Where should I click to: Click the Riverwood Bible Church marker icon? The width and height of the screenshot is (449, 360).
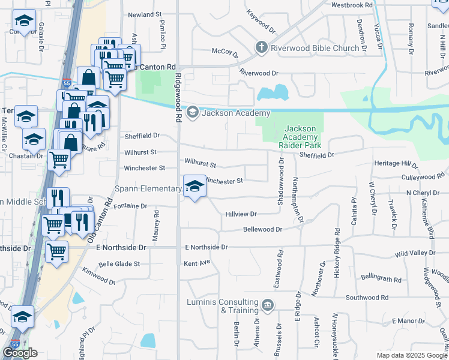261,48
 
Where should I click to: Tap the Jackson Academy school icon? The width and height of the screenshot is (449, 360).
193,112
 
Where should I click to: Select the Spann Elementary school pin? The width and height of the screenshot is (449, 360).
194,188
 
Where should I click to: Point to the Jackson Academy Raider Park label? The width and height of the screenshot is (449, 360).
300,137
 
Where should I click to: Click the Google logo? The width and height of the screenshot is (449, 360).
20,353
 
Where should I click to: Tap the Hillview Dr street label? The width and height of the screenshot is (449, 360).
241,214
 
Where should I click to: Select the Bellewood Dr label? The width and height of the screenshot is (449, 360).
262,229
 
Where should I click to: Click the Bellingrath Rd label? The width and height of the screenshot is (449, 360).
381,279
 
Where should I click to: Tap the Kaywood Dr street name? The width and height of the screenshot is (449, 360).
261,21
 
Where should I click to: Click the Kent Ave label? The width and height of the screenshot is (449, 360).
197,263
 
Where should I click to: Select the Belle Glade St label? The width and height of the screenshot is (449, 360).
119,263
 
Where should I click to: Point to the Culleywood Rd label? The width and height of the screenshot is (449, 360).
422,177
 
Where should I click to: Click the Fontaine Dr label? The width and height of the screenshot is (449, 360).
130,206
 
